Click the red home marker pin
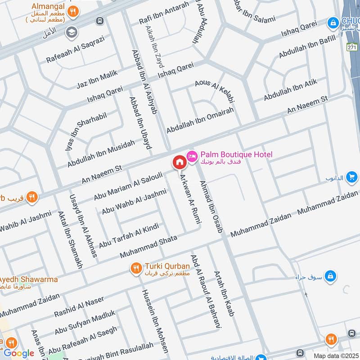179,162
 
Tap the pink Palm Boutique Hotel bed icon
192,155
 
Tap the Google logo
19,353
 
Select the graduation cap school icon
71,32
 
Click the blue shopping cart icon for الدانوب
352,177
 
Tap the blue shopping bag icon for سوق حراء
330,275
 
